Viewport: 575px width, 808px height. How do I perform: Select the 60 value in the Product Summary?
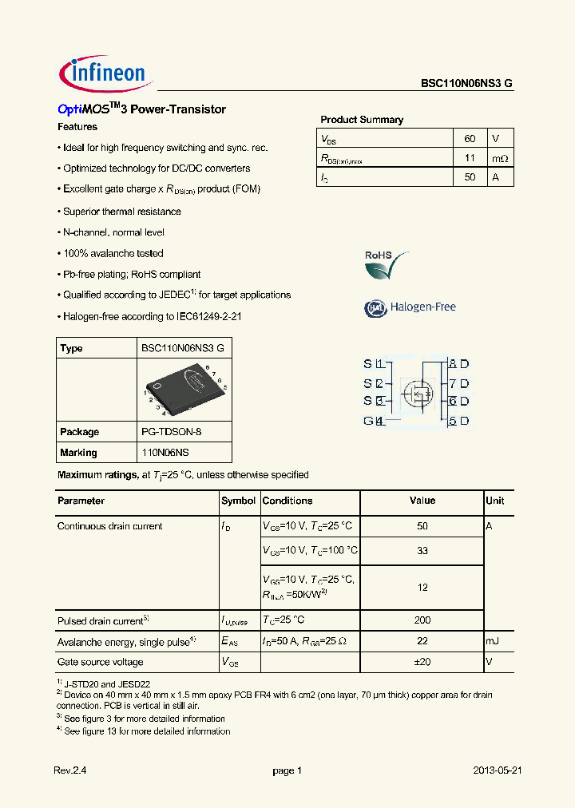click(x=470, y=138)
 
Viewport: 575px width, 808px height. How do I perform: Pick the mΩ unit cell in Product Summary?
click(x=500, y=158)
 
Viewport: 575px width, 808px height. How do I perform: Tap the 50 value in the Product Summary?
click(x=470, y=177)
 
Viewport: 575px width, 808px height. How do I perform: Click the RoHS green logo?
click(x=386, y=264)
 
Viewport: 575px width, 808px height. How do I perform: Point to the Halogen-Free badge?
click(x=410, y=307)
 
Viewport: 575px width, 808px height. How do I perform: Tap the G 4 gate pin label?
click(x=374, y=421)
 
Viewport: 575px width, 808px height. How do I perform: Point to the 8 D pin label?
click(x=458, y=363)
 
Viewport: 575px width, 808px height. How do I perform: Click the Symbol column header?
click(x=238, y=501)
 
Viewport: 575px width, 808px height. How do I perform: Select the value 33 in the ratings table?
click(x=422, y=551)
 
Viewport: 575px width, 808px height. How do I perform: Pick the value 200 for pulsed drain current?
click(x=422, y=620)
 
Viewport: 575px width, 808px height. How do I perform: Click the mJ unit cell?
click(x=493, y=641)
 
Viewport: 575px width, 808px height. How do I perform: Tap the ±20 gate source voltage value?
click(x=422, y=662)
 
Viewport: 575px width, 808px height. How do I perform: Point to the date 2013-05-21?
click(x=498, y=770)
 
